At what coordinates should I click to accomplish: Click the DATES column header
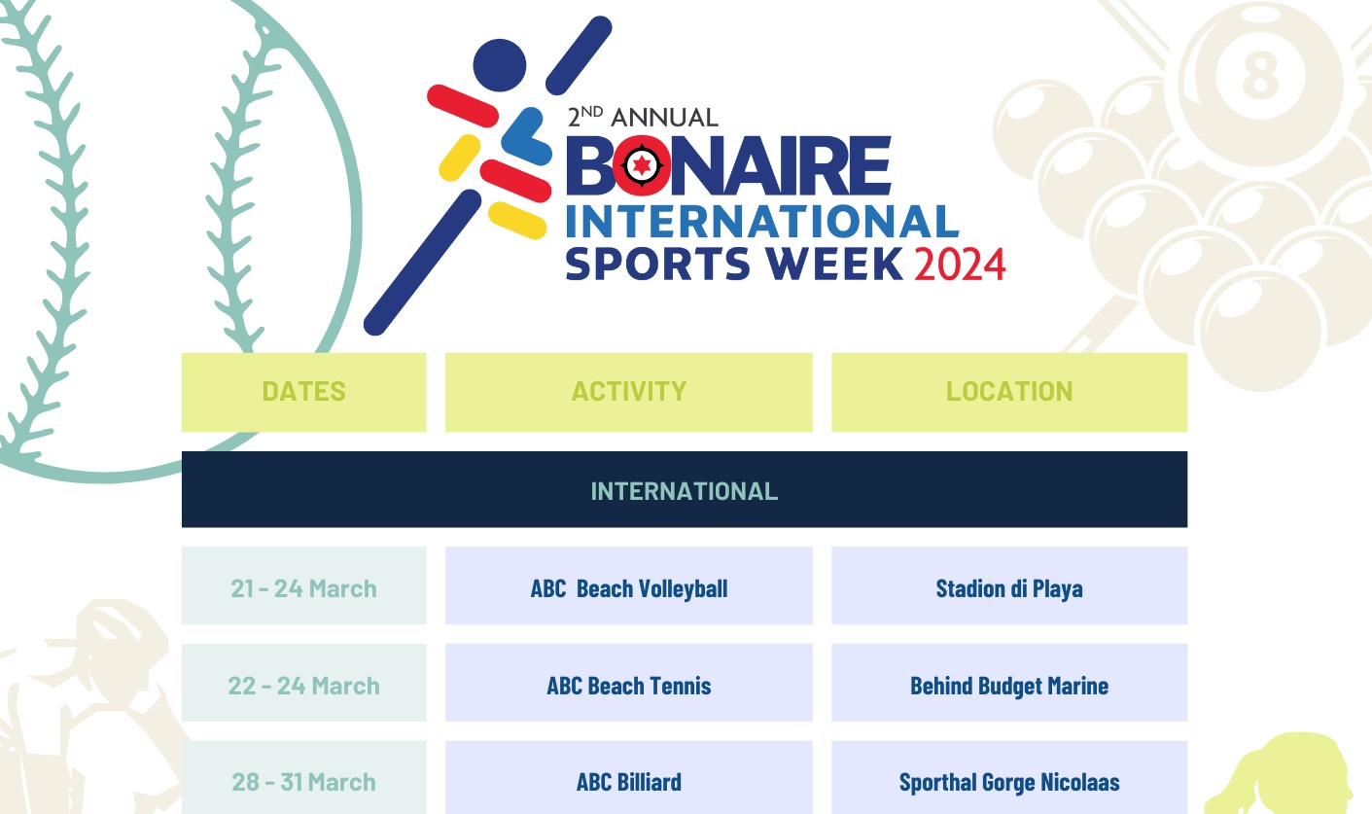pyautogui.click(x=303, y=392)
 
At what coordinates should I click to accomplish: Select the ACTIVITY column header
pyautogui.click(x=628, y=392)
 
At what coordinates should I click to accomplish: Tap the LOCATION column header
pyautogui.click(x=1009, y=392)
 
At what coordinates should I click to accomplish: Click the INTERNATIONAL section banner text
pyautogui.click(x=684, y=491)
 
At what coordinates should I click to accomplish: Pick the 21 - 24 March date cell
pyautogui.click(x=303, y=588)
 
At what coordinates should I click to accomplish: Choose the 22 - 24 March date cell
pyautogui.click(x=303, y=686)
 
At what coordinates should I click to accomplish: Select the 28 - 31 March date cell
pyautogui.click(x=303, y=782)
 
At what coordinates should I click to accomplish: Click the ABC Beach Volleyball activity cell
pyautogui.click(x=628, y=588)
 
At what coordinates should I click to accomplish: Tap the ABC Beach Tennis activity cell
pyautogui.click(x=628, y=686)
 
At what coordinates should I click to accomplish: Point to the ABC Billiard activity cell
pyautogui.click(x=628, y=782)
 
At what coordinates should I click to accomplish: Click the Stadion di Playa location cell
pyautogui.click(x=1009, y=588)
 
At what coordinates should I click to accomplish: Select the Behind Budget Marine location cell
pyautogui.click(x=1009, y=686)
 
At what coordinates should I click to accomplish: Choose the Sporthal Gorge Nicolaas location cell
pyautogui.click(x=1009, y=782)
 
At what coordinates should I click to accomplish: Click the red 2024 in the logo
pyautogui.click(x=959, y=265)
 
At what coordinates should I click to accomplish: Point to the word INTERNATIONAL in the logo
pyautogui.click(x=761, y=221)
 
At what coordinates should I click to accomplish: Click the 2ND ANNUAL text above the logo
pyautogui.click(x=643, y=118)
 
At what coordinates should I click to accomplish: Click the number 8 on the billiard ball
pyautogui.click(x=1260, y=73)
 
